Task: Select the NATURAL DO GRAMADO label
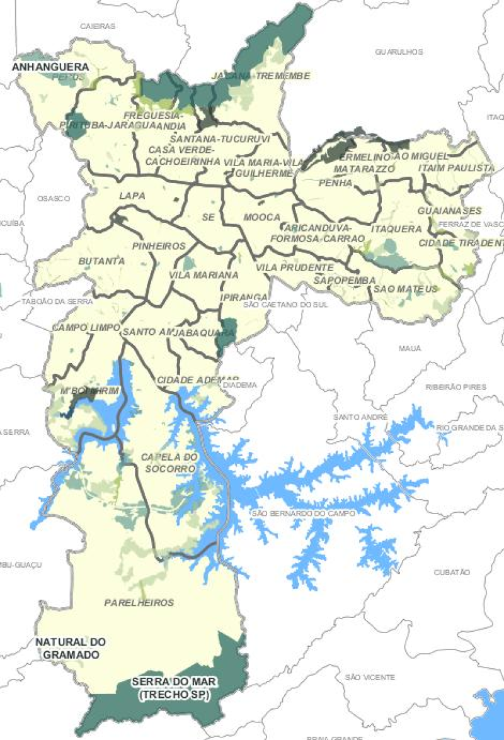(71, 648)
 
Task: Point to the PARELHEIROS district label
(139, 602)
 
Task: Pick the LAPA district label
(132, 196)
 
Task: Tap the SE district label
(209, 217)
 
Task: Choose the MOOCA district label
(261, 217)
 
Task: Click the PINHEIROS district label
(159, 245)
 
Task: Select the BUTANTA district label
(98, 261)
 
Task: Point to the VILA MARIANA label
(203, 275)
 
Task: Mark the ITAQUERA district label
(396, 228)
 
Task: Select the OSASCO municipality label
(53, 198)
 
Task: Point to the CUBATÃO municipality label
(452, 572)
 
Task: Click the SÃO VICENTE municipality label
(370, 677)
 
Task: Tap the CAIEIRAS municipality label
(98, 26)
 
